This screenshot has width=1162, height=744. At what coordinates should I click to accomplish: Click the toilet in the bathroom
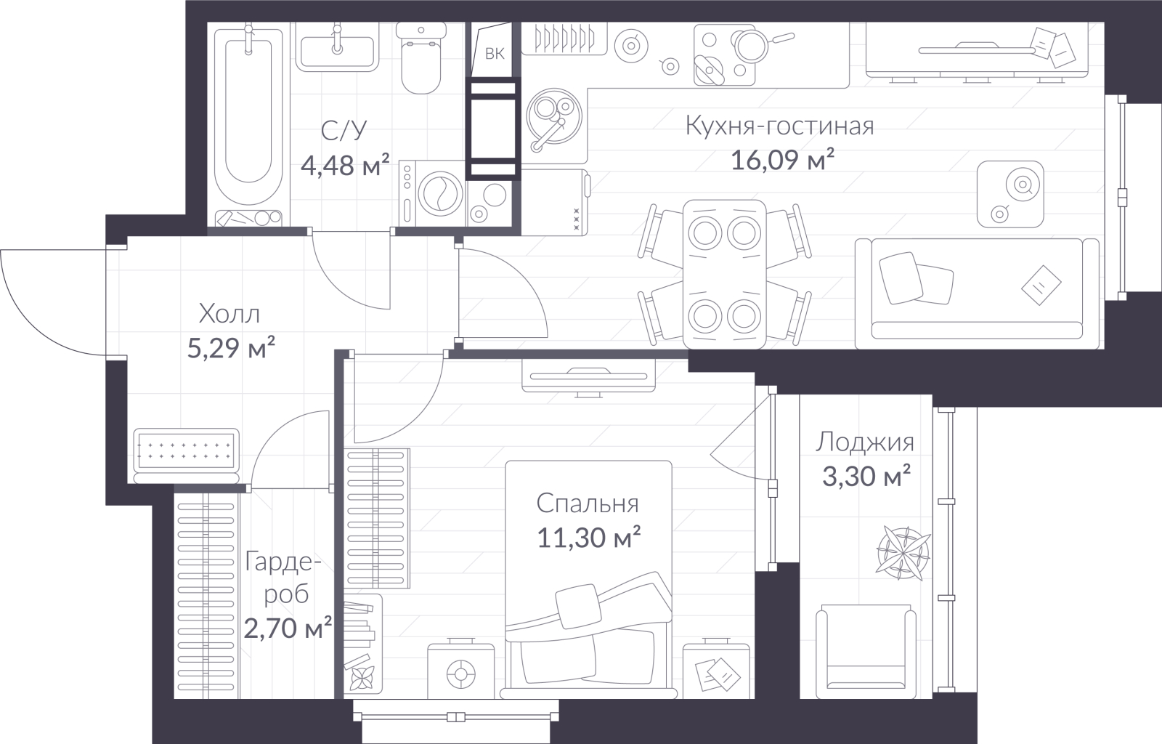click(421, 58)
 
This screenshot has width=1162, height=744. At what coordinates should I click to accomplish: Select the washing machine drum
click(440, 193)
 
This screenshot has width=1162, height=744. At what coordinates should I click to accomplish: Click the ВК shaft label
click(495, 54)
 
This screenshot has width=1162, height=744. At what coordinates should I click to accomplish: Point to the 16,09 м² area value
click(782, 159)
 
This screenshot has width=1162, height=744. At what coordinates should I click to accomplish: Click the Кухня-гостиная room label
click(780, 126)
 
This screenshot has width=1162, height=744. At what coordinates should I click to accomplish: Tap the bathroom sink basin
click(337, 52)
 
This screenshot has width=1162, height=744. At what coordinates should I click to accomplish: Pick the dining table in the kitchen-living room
click(725, 275)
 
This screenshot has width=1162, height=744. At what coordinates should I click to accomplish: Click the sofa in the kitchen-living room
click(977, 294)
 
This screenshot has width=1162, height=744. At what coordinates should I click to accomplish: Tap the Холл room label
click(229, 315)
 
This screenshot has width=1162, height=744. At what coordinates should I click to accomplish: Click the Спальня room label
click(588, 504)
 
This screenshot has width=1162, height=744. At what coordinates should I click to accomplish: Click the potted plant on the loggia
click(903, 553)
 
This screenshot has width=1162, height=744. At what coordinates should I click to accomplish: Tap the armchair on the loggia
click(866, 652)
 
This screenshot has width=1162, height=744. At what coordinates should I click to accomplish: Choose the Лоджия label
click(865, 442)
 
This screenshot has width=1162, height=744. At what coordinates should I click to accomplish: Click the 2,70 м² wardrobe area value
click(288, 628)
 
